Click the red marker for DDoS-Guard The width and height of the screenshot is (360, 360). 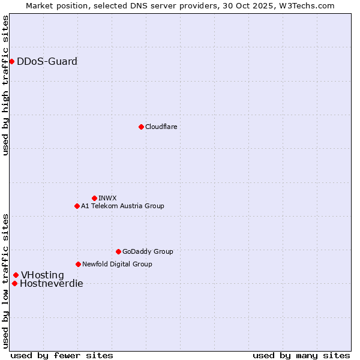[x=11, y=61]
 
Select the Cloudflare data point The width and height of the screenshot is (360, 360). [x=141, y=127]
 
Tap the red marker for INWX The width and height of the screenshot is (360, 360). [x=94, y=198]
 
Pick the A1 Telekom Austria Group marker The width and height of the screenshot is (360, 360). [x=77, y=206]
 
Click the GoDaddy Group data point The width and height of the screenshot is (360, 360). [x=118, y=251]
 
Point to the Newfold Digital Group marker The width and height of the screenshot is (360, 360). [x=78, y=264]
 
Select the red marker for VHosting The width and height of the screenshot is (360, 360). [x=16, y=275]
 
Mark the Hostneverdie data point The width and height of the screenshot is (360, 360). [x=14, y=283]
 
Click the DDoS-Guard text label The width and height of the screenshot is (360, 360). [x=47, y=61]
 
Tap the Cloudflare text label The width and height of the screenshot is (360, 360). [x=161, y=127]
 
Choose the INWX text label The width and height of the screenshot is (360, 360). [x=107, y=198]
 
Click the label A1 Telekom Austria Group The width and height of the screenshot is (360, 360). [x=122, y=206]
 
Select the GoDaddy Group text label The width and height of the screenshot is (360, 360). [x=148, y=251]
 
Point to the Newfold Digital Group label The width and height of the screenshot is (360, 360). [x=117, y=264]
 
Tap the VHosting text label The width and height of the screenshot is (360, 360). [x=42, y=275]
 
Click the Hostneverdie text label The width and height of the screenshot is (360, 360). [x=51, y=284]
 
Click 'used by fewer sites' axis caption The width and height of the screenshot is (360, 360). [x=62, y=355]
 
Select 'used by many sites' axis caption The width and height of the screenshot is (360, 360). [x=301, y=355]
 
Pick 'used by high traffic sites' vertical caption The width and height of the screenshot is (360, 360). [x=6, y=85]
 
